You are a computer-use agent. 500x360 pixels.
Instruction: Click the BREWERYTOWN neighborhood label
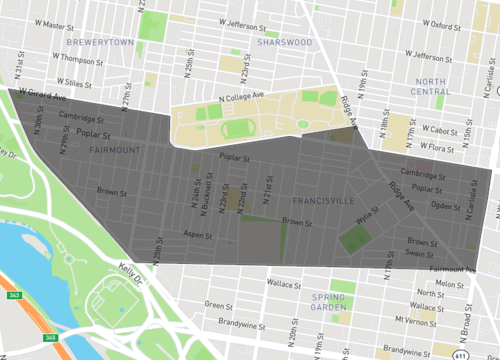[x=99, y=43]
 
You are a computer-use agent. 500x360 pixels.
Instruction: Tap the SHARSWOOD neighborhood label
[x=285, y=43]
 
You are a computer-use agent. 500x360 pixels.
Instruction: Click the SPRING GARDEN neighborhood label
[x=327, y=303]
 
